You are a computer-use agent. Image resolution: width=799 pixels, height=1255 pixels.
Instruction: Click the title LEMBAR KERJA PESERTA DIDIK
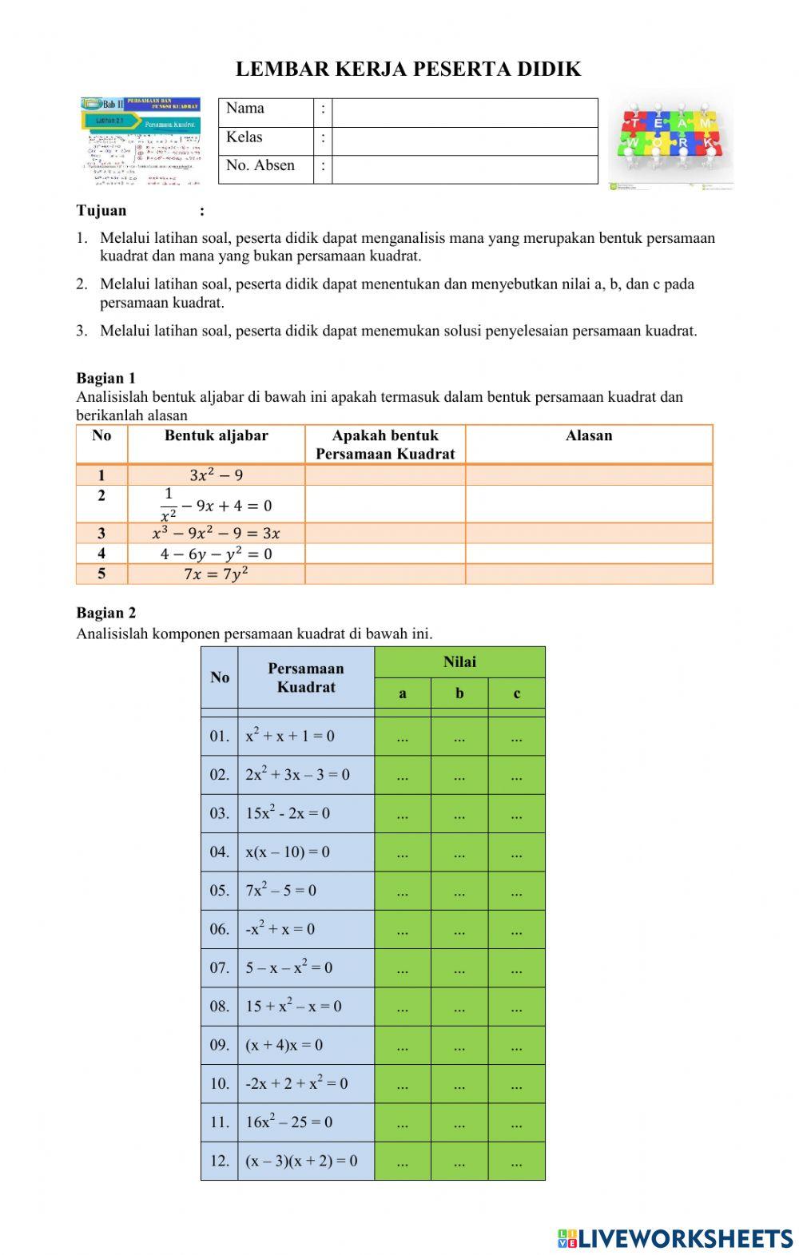(x=408, y=70)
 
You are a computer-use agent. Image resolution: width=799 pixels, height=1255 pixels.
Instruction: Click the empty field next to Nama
(x=464, y=113)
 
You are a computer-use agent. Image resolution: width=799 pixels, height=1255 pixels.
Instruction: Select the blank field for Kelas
(x=464, y=141)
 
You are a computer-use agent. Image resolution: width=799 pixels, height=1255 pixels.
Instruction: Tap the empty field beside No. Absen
(x=464, y=169)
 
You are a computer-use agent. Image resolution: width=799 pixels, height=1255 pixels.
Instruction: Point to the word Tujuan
(x=101, y=211)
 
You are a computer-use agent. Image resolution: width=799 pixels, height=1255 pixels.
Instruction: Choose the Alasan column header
(x=589, y=435)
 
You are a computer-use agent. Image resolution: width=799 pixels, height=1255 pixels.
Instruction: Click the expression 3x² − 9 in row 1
(x=216, y=475)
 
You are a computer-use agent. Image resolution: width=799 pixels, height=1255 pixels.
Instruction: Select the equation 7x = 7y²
(x=216, y=574)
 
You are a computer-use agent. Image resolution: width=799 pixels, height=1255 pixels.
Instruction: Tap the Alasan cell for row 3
(x=589, y=533)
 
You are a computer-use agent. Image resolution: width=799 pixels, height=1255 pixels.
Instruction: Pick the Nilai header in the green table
(x=459, y=662)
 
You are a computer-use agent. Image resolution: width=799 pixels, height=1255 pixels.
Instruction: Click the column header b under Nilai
(x=459, y=693)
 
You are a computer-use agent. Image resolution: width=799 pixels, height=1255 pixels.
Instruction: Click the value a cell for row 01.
(x=403, y=737)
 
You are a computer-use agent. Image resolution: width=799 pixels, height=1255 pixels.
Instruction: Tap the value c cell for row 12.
(x=517, y=1162)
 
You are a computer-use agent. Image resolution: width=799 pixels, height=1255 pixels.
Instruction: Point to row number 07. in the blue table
(x=220, y=968)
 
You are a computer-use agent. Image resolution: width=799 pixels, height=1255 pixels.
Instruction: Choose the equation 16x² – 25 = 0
(x=289, y=1122)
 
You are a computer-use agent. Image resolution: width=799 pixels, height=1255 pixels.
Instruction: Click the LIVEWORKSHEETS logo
(x=675, y=1238)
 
